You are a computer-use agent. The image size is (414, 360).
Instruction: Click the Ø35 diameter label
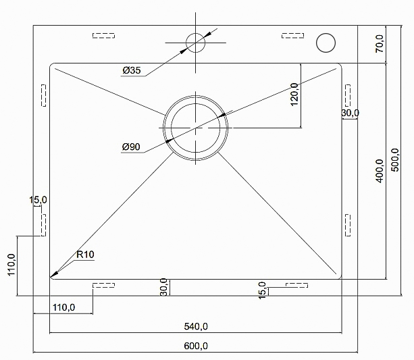click(132, 70)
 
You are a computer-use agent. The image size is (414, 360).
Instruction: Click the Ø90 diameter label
click(131, 147)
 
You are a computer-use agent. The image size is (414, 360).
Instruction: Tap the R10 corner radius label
click(85, 255)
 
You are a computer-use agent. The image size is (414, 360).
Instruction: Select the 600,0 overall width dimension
click(196, 346)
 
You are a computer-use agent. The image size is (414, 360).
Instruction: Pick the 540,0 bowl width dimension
click(196, 326)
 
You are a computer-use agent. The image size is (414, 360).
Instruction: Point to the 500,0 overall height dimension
click(395, 160)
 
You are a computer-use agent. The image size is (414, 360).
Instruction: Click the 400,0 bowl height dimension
click(380, 171)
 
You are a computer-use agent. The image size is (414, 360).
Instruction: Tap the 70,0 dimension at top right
click(380, 44)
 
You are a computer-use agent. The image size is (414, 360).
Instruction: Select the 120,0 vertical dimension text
click(294, 95)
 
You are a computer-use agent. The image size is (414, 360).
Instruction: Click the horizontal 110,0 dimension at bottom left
click(63, 307)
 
